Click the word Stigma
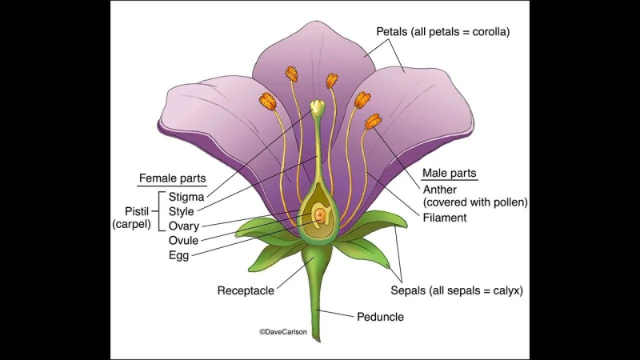click(186, 197)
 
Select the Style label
click(182, 211)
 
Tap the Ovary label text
click(184, 226)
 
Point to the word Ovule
click(184, 240)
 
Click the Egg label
click(178, 255)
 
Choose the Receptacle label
click(247, 290)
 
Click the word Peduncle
click(379, 317)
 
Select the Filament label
click(445, 217)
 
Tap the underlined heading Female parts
click(172, 178)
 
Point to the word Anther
click(441, 189)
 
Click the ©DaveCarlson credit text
click(283, 331)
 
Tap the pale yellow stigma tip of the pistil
click(318, 106)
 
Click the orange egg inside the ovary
click(319, 214)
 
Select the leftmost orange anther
click(266, 102)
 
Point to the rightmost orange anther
click(373, 122)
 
